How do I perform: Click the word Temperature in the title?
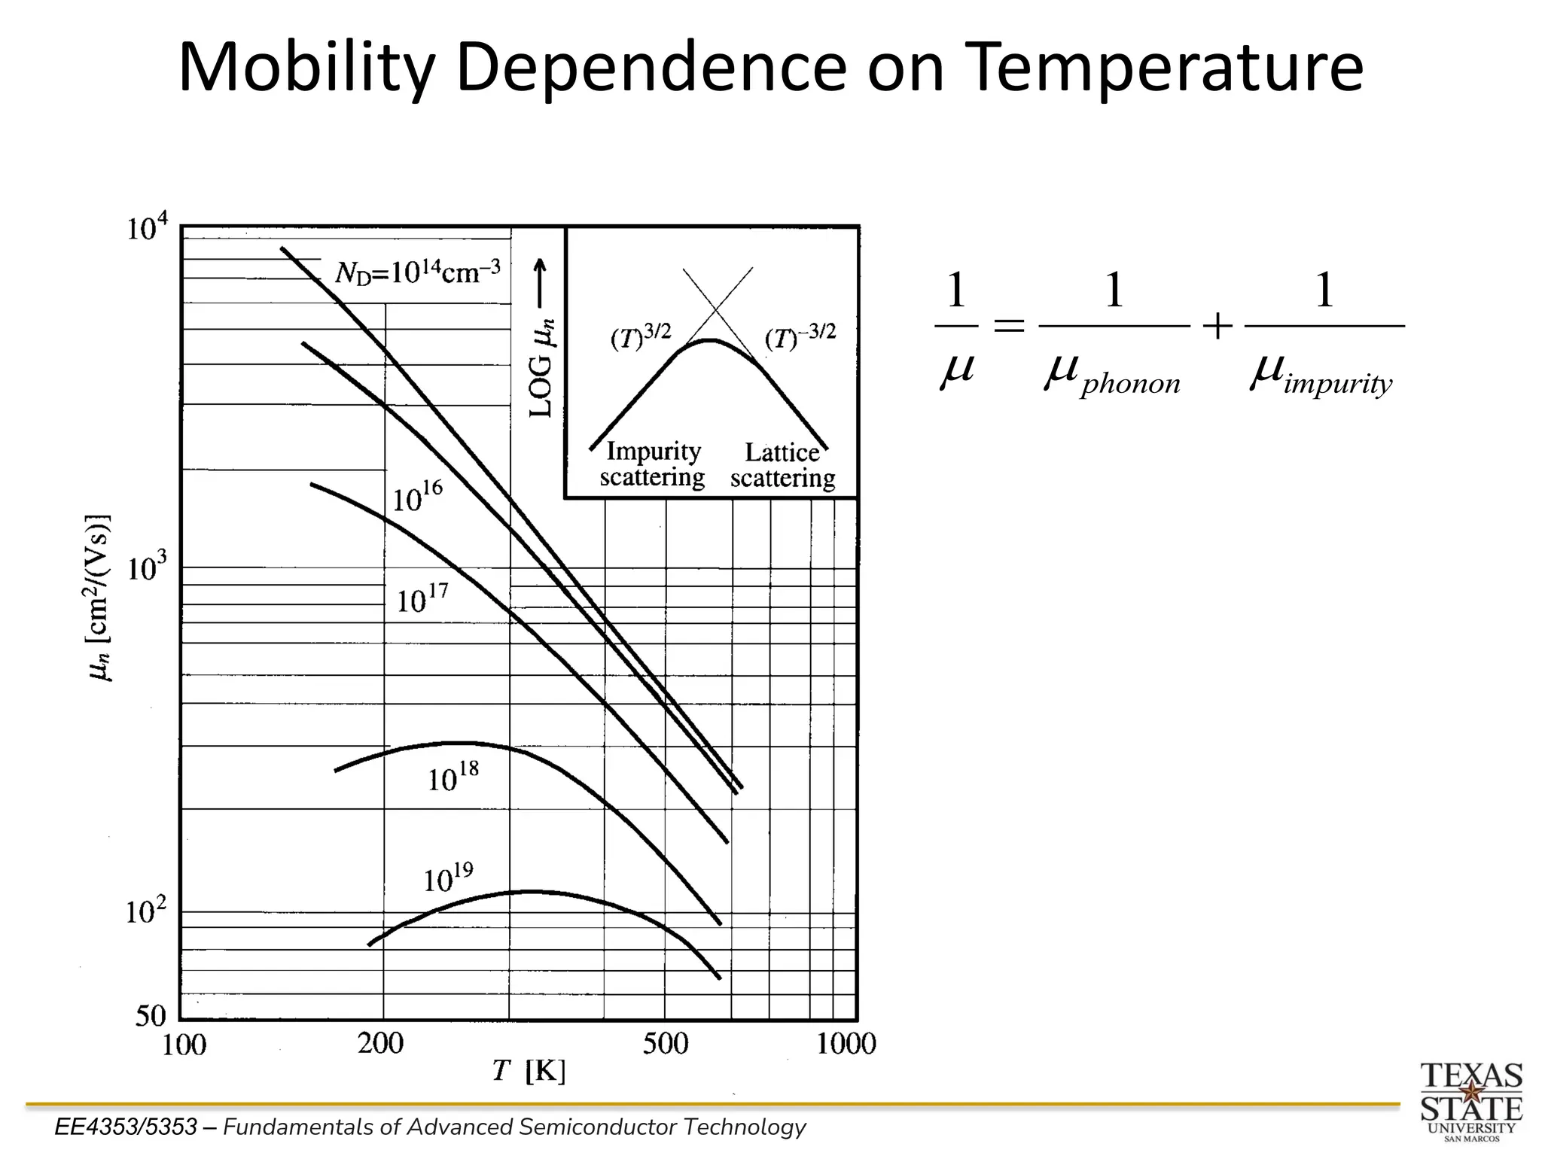point(1163,68)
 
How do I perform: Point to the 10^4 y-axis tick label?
point(148,227)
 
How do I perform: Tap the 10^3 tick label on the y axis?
point(146,569)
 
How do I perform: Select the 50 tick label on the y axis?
point(151,1016)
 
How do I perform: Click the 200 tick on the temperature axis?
point(380,1043)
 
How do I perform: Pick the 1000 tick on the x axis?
point(846,1043)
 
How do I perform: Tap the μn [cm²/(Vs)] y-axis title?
point(100,598)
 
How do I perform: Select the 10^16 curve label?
point(418,497)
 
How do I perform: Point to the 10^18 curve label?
point(453,778)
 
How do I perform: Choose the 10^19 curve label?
point(449,878)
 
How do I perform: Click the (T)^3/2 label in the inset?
point(640,336)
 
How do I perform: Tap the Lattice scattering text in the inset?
point(782,465)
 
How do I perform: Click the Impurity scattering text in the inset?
point(652,464)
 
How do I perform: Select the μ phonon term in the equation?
point(1112,374)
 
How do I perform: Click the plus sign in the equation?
point(1217,327)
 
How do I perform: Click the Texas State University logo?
point(1471,1100)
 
